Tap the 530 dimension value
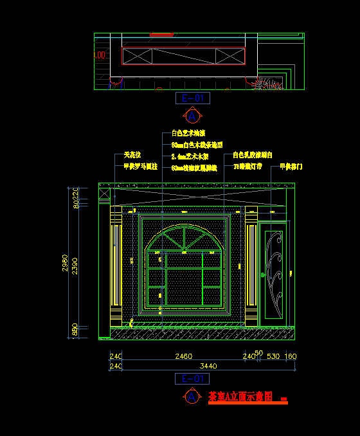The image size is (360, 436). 273,356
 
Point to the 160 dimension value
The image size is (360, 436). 290,356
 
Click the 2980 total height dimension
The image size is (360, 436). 66,263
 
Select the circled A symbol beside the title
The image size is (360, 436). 192,397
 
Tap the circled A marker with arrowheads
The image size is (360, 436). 192,116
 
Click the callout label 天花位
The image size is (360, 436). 132,156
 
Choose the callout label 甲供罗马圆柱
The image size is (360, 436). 140,166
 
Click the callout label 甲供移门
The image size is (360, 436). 291,167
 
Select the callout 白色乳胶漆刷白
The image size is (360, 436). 252,156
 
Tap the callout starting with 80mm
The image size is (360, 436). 197,145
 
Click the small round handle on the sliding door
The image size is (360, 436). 263,274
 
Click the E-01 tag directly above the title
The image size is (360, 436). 192,379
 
